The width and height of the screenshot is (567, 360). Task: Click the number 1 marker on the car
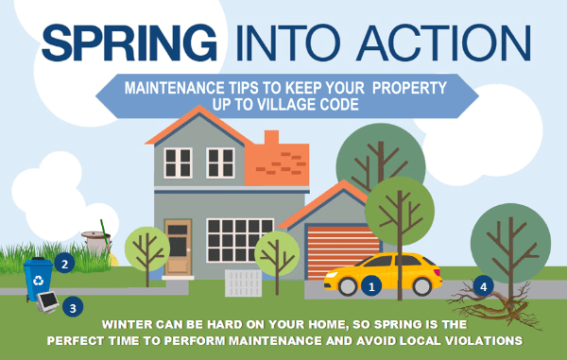coord(370,283)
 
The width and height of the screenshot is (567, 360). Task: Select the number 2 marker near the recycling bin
coord(64,264)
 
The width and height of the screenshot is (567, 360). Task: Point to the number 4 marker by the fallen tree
coord(484,284)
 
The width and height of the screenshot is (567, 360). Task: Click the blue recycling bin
coord(39,275)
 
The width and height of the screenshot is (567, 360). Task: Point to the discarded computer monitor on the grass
coord(45,303)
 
